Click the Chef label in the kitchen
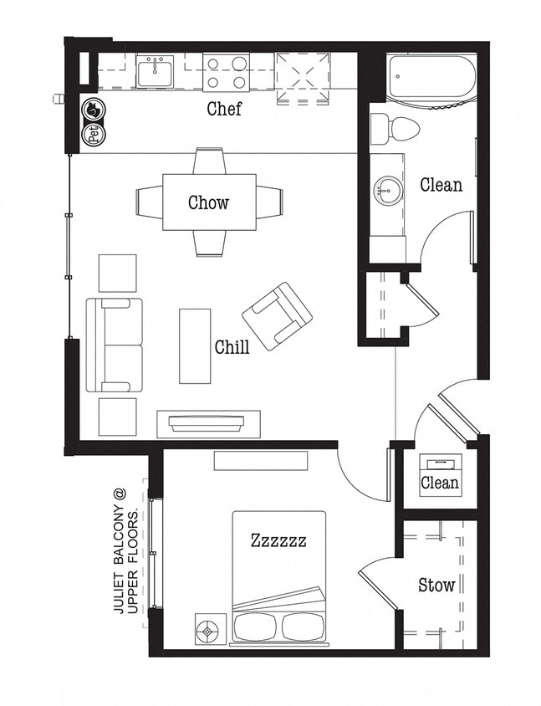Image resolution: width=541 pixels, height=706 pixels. coord(224,109)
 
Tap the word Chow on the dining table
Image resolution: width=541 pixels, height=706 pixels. coord(208,202)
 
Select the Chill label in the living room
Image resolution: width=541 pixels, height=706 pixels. coord(232,347)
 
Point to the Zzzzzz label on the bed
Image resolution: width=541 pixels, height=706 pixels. coord(278,540)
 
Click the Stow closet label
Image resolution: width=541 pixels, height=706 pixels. coord(436,585)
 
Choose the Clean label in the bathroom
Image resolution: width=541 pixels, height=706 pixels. coord(441,184)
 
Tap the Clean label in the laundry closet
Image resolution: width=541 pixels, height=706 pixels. coord(439,483)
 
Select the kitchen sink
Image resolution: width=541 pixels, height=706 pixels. coord(155,72)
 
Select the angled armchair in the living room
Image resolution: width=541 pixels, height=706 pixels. coord(277,316)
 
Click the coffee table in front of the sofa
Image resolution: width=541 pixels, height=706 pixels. coord(195,345)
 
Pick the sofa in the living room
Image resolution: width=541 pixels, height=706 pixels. coord(115,345)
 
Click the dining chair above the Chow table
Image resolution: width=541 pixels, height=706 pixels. coord(208,161)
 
